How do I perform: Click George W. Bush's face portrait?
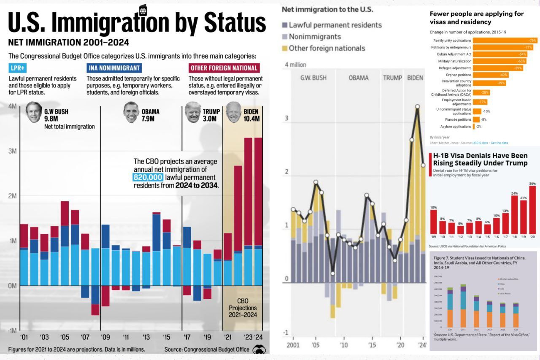pos(34,112)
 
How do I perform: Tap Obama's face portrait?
pos(131,112)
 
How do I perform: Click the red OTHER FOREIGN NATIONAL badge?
pos(224,68)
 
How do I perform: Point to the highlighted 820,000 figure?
pos(148,177)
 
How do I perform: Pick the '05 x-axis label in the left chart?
pos(65,337)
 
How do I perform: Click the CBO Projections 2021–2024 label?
pos(243,308)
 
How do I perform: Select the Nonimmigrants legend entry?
pos(315,37)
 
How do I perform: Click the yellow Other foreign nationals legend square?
pos(285,48)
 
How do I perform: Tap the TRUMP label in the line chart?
pos(392,78)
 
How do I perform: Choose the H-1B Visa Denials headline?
pos(480,159)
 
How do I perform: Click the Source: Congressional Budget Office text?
pos(207,349)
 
